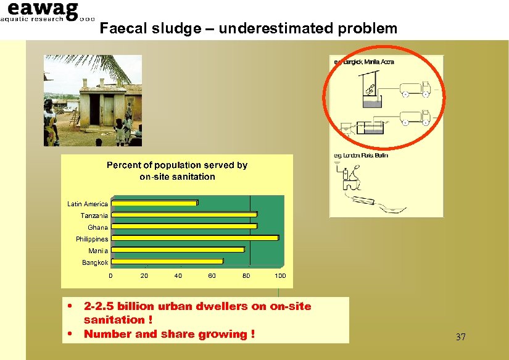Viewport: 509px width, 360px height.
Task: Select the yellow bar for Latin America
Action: pos(154,203)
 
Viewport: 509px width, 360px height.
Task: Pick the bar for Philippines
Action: pos(195,238)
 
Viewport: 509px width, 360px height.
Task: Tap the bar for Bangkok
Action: pos(167,262)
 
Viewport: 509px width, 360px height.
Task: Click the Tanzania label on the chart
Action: pos(94,216)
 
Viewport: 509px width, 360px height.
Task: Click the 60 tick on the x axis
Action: pos(212,276)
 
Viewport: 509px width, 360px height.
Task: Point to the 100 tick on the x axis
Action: pos(280,276)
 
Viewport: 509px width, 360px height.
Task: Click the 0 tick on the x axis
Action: pos(111,276)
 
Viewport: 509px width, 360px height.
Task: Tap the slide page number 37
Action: pos(460,337)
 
